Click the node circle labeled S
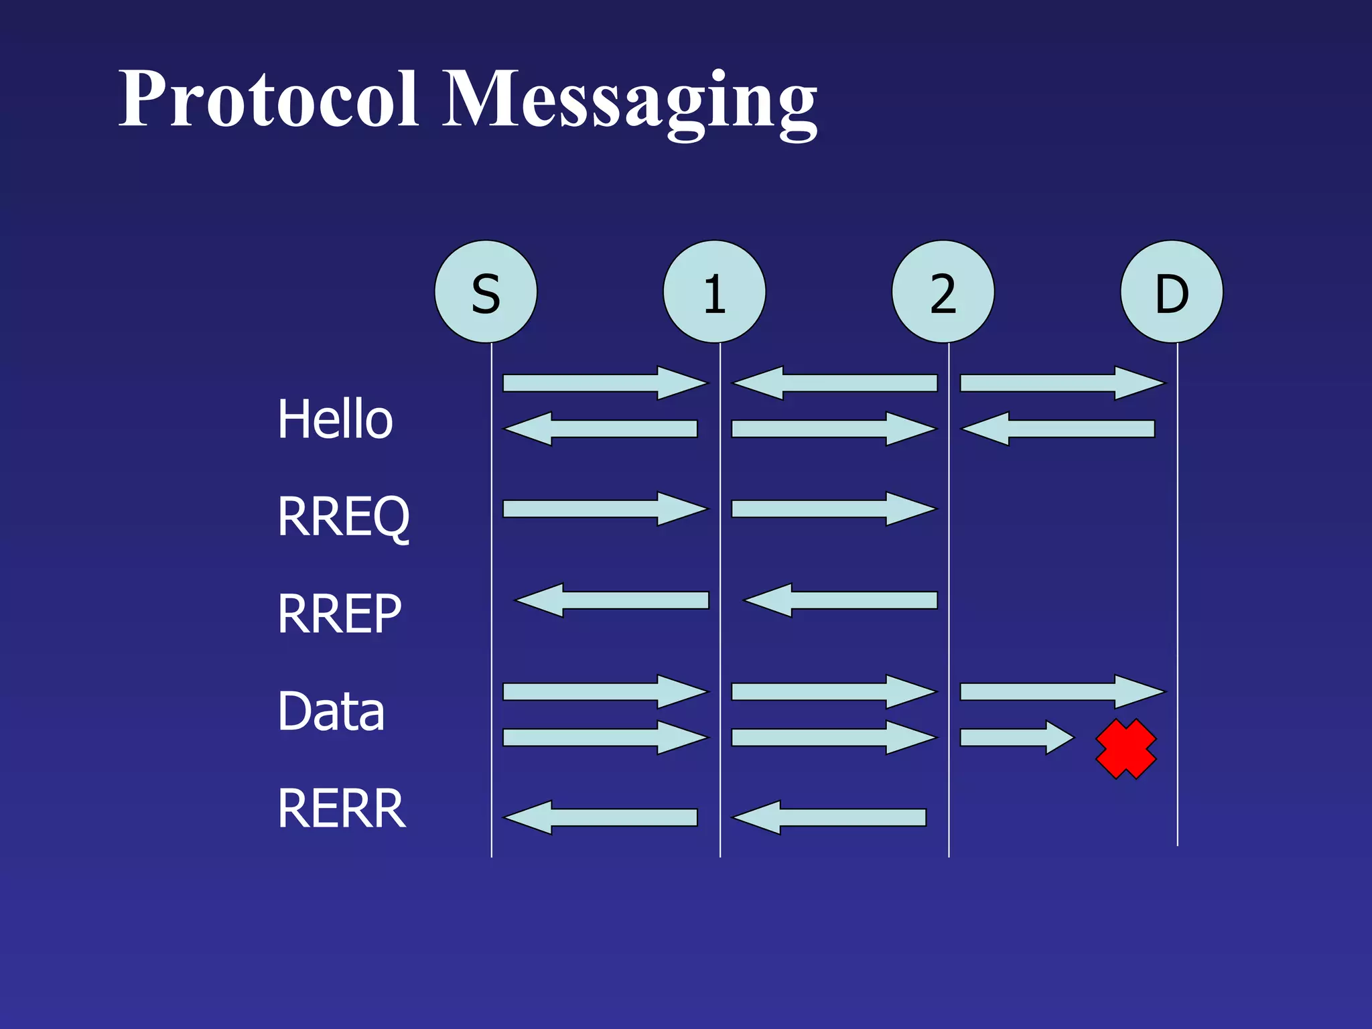[486, 292]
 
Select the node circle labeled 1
[714, 292]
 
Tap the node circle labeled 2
[943, 292]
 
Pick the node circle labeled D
[1172, 292]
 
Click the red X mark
[1126, 749]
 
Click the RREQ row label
[343, 517]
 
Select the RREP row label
[340, 614]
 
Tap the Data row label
[331, 711]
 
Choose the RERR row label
[342, 809]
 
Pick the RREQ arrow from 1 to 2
[833, 509]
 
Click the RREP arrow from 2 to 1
[841, 600]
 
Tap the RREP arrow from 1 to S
[612, 600]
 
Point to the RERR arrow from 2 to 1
[829, 817]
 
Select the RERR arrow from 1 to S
[601, 817]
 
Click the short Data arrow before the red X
[1016, 738]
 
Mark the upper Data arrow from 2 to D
[1062, 691]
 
